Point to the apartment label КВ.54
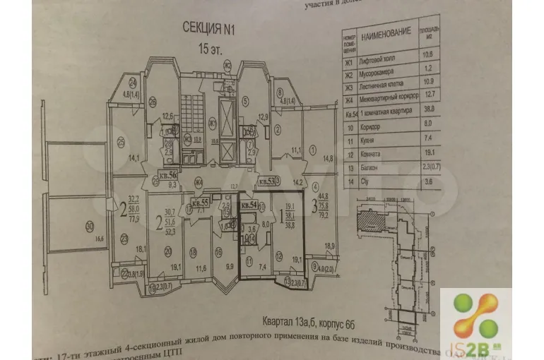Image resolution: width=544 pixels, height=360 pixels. coord(249,204)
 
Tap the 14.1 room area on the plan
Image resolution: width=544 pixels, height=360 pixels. coord(133,157)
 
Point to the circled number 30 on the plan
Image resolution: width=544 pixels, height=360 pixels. coord(88,227)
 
